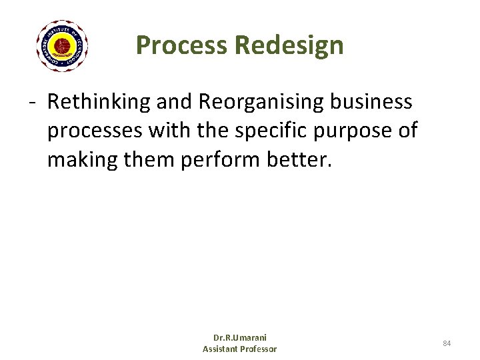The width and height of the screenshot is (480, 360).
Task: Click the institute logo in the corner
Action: (x=62, y=46)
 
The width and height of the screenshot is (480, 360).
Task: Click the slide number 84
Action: (x=447, y=343)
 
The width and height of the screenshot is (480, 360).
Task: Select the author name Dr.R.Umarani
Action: (x=239, y=338)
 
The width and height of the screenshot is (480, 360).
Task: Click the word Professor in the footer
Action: (x=259, y=349)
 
